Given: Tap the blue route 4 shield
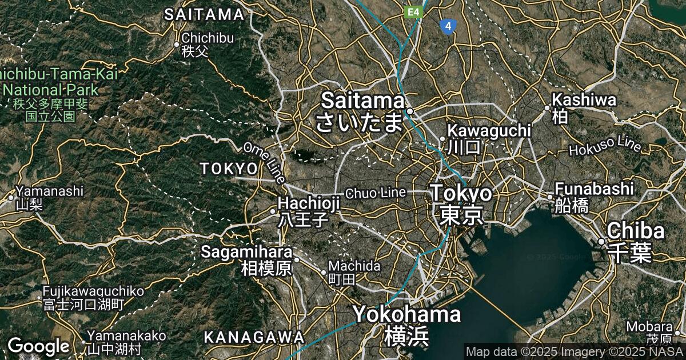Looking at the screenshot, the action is click(449, 26).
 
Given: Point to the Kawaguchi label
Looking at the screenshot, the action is click(489, 131).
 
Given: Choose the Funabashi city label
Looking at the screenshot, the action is click(594, 189).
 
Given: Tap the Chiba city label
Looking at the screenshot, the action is click(636, 231).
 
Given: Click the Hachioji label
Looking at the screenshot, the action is click(309, 203).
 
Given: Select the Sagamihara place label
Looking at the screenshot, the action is click(246, 251).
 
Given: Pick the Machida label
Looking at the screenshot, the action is click(354, 266).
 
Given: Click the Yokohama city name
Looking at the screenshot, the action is click(406, 314).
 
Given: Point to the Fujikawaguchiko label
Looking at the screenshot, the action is click(93, 291).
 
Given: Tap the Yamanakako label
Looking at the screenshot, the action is click(126, 335).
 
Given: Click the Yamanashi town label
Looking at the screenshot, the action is click(50, 191).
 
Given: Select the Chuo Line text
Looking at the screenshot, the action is click(376, 193).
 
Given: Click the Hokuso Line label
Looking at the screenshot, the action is click(605, 146).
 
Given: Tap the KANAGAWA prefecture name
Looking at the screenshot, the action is click(254, 337).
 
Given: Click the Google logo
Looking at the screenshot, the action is click(39, 346).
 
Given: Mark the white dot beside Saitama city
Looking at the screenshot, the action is click(410, 111).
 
